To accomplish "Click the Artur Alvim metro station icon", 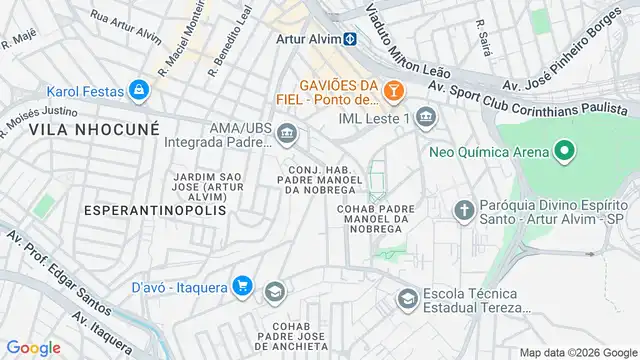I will point(351,39).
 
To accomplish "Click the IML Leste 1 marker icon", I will point(427,119).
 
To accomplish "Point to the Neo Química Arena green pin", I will point(564,152).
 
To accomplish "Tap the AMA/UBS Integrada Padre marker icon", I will point(287,133).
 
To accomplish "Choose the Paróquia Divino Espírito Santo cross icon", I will point(463,210).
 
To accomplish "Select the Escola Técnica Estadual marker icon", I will point(407,299).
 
